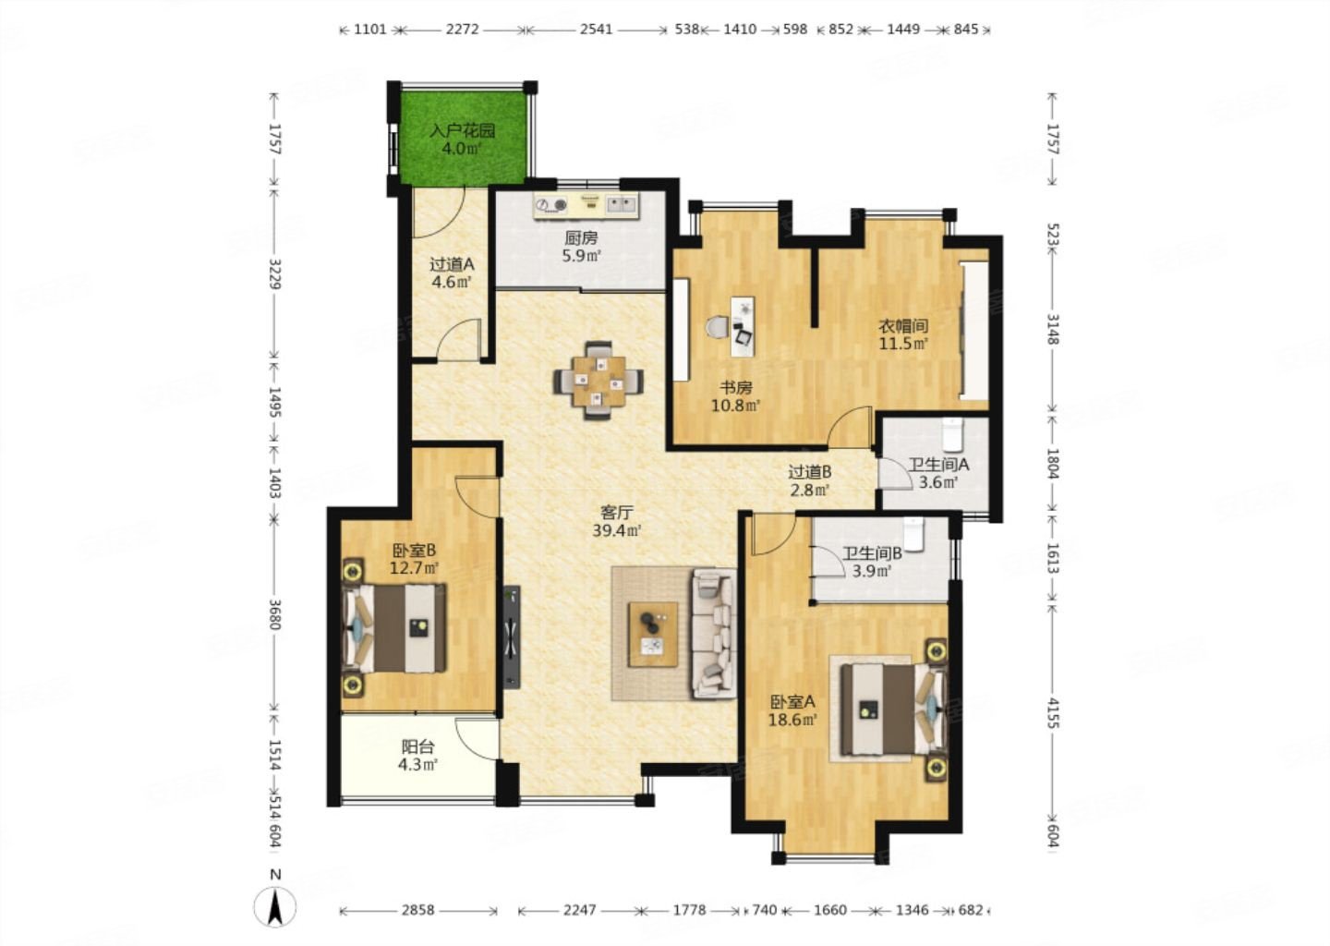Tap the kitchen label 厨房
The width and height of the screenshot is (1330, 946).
[x=581, y=238]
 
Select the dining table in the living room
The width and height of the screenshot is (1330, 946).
[x=598, y=381]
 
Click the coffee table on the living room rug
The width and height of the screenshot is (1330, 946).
[x=653, y=635]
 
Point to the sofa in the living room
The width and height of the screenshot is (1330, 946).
[x=715, y=633]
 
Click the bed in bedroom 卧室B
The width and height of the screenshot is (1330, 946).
[x=394, y=628]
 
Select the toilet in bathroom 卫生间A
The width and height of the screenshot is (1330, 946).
[x=951, y=434]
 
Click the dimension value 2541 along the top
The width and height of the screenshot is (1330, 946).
[x=596, y=29]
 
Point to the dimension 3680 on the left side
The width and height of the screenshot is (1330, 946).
[x=274, y=614]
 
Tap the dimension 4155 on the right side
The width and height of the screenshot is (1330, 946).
[x=1053, y=712]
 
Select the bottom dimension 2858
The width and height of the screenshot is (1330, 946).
[x=418, y=909]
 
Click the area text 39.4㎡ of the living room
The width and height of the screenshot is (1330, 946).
[x=617, y=530]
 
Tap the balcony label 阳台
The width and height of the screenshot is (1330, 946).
[x=418, y=746]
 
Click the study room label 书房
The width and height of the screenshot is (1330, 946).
[x=736, y=388]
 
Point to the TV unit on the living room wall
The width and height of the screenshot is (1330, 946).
[x=512, y=637]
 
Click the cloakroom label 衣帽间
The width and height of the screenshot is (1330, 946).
[x=903, y=325]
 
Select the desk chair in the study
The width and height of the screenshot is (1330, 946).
[x=718, y=327]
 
